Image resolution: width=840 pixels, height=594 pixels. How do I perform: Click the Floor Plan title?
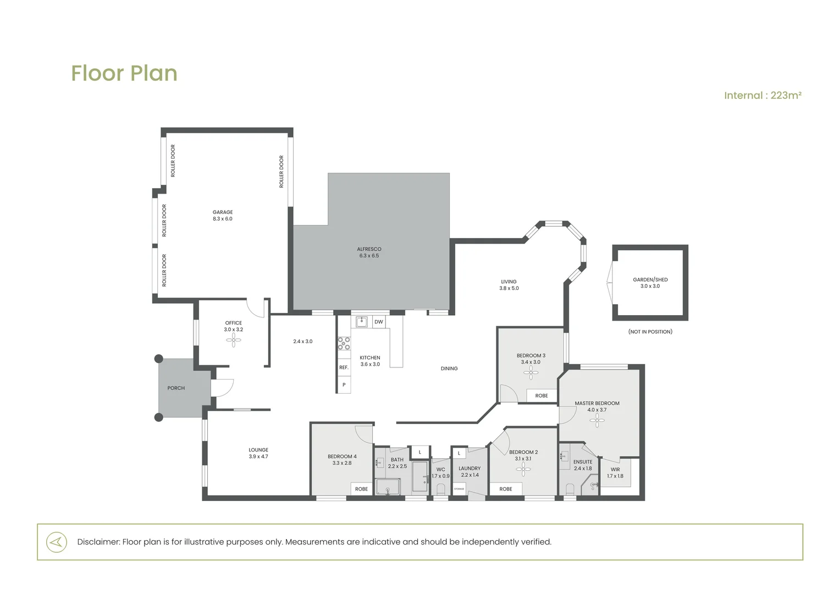[x=124, y=73]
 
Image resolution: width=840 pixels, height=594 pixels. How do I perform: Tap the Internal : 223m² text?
[x=762, y=95]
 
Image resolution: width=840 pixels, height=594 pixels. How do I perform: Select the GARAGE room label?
[x=223, y=212]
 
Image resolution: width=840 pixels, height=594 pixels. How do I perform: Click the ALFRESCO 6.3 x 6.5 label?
[x=369, y=252]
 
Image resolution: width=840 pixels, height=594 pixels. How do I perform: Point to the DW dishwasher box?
[x=379, y=322]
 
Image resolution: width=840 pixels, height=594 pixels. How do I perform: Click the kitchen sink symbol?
[x=362, y=322]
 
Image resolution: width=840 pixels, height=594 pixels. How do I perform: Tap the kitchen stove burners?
[x=344, y=343]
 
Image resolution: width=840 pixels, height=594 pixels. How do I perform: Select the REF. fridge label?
[x=344, y=367]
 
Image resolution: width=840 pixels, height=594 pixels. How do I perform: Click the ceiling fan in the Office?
[x=234, y=340]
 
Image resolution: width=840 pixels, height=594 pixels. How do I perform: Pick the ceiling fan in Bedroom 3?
[x=530, y=372]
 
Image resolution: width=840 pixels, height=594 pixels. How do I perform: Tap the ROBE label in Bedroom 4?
[x=361, y=489]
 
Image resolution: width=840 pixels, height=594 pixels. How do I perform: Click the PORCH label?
[x=176, y=388]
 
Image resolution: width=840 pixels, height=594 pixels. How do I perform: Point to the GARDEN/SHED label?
[x=650, y=279]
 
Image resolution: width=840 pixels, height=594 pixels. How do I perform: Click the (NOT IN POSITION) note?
[x=650, y=332]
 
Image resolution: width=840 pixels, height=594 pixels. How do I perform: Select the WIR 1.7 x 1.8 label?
[x=615, y=473]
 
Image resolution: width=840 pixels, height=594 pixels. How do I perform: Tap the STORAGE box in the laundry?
[x=459, y=489]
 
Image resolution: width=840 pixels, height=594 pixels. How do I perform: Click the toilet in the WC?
[x=441, y=490]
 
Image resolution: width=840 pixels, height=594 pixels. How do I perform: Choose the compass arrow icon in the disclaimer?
[x=57, y=542]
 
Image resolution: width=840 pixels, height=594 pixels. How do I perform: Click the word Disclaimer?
[x=98, y=542]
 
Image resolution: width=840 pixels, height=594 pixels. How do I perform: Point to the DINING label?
[x=449, y=369]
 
